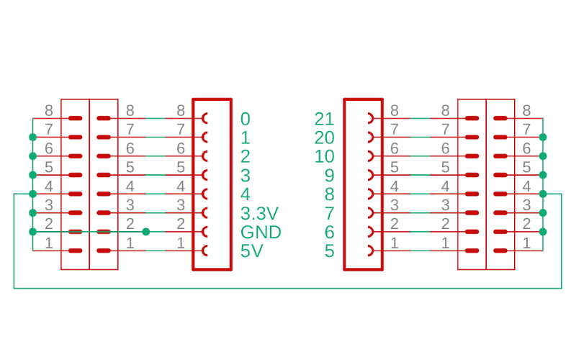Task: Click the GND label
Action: click(x=260, y=232)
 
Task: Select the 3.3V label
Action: click(x=258, y=213)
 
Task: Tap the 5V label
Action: click(x=251, y=251)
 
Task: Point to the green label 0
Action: click(x=246, y=119)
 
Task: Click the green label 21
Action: click(x=325, y=119)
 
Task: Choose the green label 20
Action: click(x=325, y=138)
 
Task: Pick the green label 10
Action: click(x=325, y=156)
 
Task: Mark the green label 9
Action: click(x=330, y=175)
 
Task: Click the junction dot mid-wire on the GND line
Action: click(x=146, y=232)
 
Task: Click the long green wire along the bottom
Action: click(x=288, y=288)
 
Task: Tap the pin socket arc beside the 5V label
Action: click(x=206, y=251)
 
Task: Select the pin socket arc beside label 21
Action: click(x=370, y=118)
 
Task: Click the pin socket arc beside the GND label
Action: click(x=206, y=232)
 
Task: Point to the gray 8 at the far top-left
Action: click(x=49, y=110)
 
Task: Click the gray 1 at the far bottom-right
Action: click(x=526, y=243)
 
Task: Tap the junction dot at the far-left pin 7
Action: click(x=32, y=137)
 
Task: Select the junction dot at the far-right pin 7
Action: click(x=543, y=137)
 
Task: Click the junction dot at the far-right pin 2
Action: click(x=543, y=231)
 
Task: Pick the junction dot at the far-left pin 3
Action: click(x=32, y=212)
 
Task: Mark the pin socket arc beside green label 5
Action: click(x=370, y=251)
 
